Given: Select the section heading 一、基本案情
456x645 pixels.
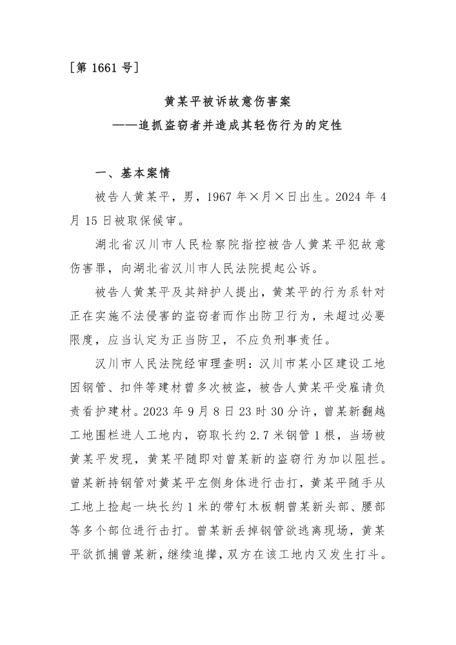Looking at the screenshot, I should (x=132, y=174).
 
